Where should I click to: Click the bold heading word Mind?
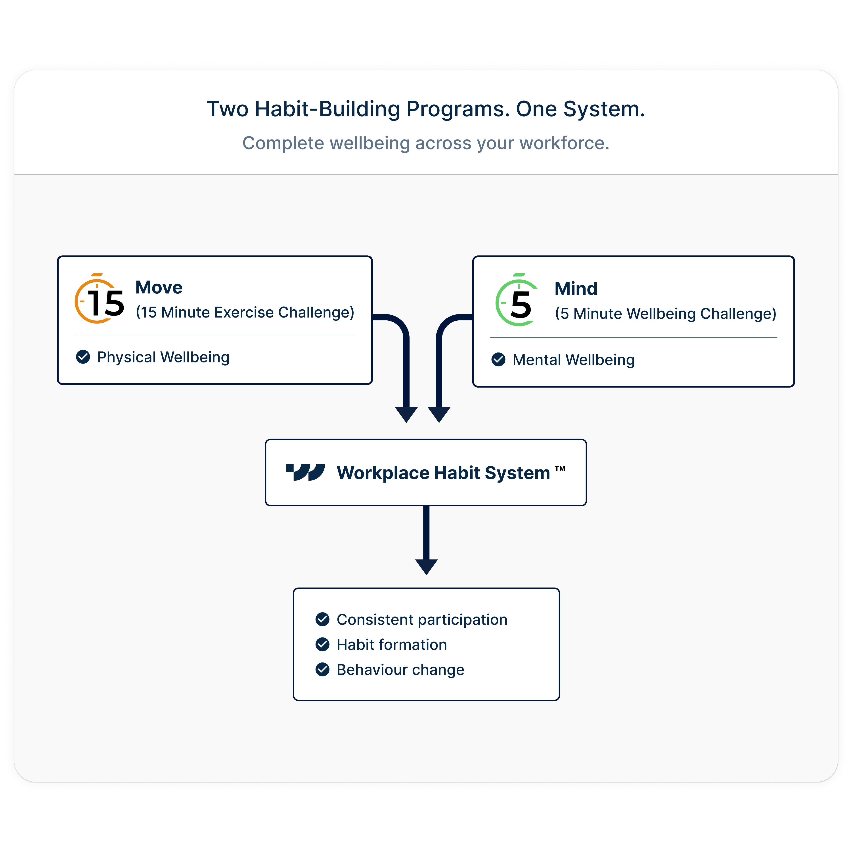tap(576, 289)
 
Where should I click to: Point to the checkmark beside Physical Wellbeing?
tap(83, 357)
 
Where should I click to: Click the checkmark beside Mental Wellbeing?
tap(498, 359)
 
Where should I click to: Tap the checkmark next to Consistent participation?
tap(322, 619)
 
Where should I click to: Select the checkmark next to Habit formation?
tap(322, 644)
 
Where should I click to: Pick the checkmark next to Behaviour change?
tap(322, 669)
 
